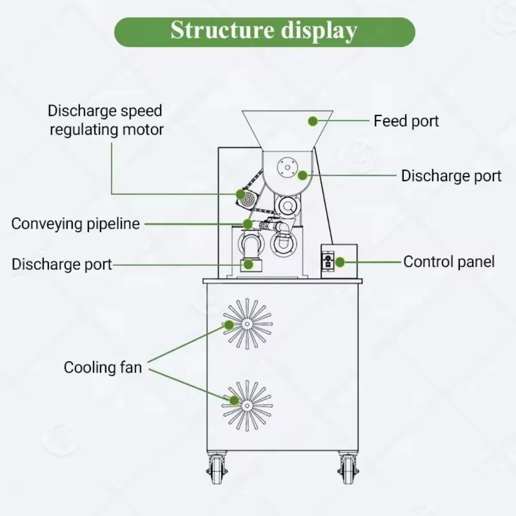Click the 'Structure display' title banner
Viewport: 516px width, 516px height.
(264, 32)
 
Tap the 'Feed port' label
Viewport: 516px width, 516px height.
(406, 121)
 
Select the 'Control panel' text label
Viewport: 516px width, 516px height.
(448, 262)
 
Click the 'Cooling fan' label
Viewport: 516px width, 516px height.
(103, 367)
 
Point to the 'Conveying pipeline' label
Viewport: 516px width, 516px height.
(75, 224)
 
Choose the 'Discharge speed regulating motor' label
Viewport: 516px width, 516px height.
(106, 120)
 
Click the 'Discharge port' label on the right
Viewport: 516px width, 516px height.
(451, 175)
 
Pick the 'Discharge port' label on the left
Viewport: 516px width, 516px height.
(62, 264)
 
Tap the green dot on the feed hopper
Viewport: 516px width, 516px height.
(313, 121)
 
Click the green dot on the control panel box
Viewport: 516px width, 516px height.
(340, 262)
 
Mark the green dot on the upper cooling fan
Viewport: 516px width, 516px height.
(229, 325)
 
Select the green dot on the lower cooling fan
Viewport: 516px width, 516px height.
(234, 400)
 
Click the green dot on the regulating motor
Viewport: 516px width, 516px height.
(240, 194)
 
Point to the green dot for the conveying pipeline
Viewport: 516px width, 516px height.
(248, 224)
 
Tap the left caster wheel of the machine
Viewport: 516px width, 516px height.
(217, 468)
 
